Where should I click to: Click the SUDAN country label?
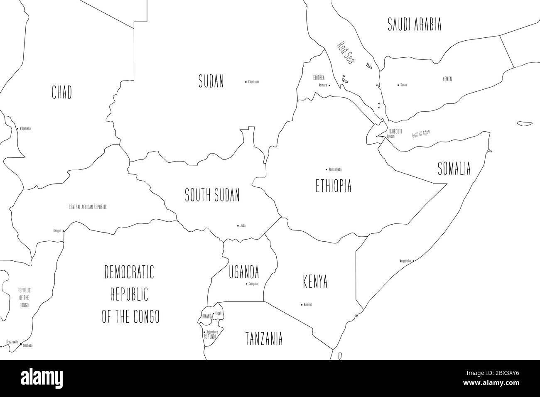(211, 81)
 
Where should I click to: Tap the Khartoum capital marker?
(246, 82)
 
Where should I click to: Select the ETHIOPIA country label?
(334, 186)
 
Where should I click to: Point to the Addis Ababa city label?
(335, 169)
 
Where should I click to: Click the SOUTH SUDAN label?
(212, 195)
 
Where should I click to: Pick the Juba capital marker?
(238, 226)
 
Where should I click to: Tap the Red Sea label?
(345, 53)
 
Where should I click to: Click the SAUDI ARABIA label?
(414, 25)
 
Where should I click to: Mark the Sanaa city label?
(403, 85)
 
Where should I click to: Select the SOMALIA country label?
(454, 169)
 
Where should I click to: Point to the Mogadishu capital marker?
(413, 261)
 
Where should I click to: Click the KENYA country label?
(314, 282)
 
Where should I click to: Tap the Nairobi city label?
(308, 305)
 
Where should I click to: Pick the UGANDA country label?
(244, 273)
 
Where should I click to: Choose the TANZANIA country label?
(264, 338)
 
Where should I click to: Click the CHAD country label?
(61, 92)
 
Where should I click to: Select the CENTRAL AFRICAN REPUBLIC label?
(88, 207)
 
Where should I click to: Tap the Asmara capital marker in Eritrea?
(329, 86)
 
